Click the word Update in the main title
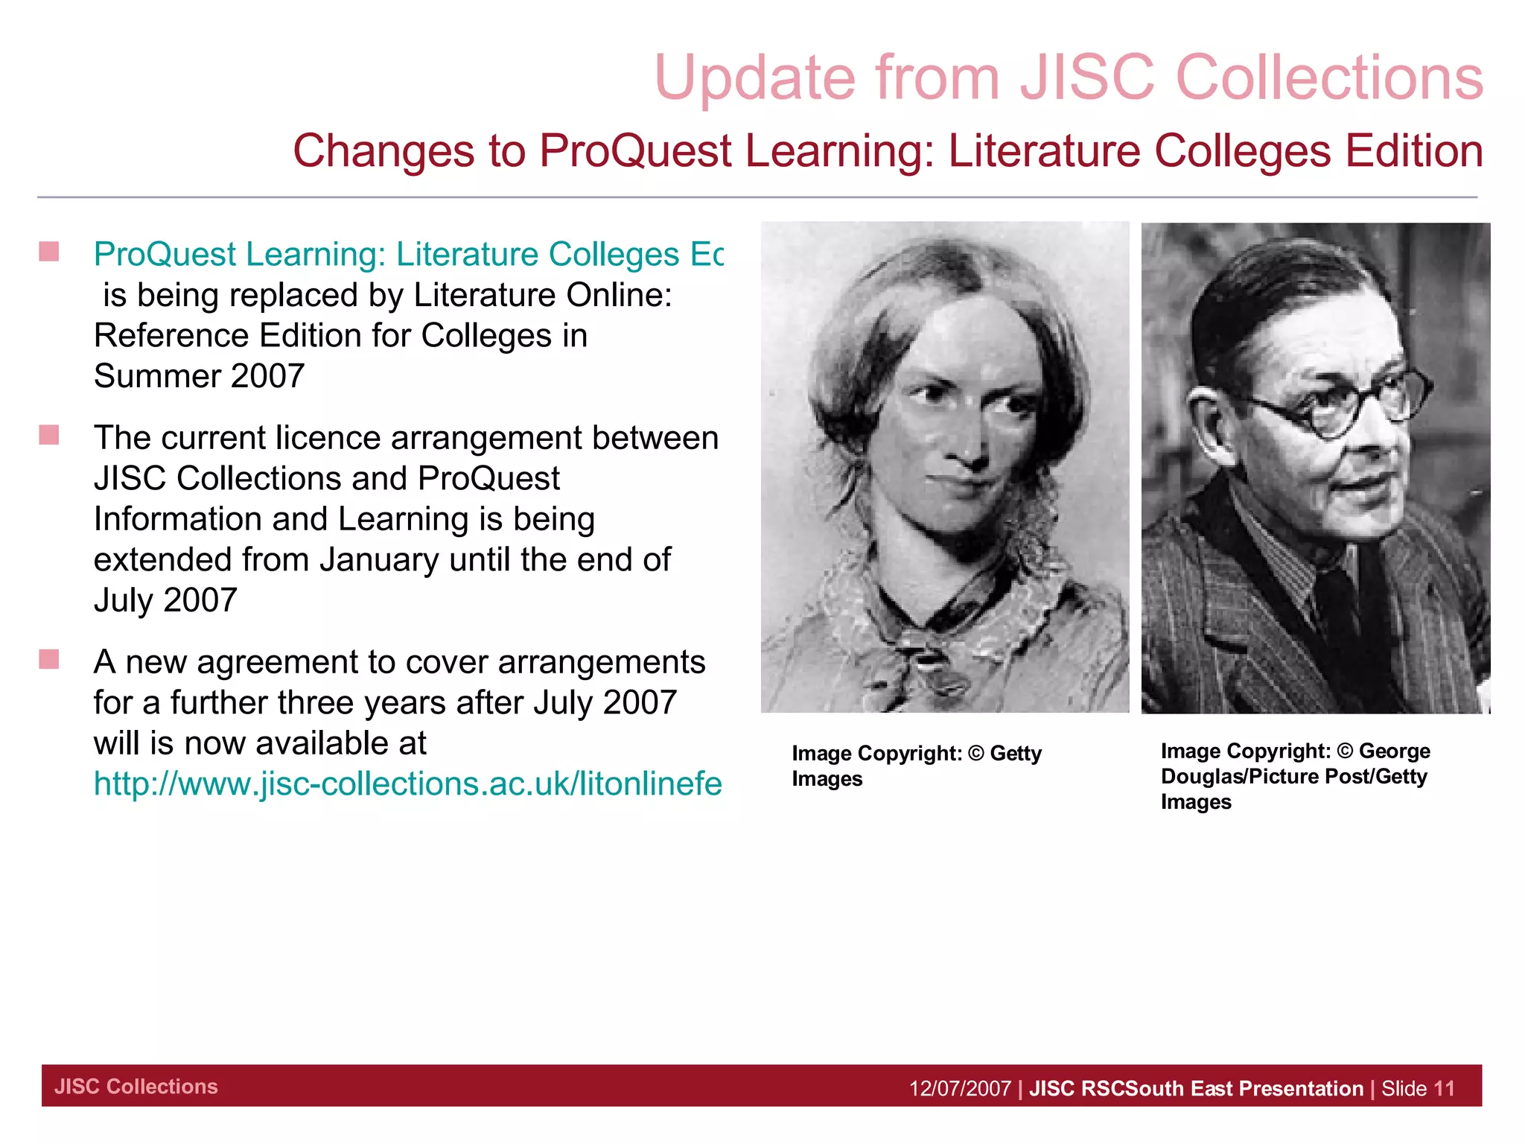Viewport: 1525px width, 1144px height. tap(754, 78)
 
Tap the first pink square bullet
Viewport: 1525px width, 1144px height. tap(49, 252)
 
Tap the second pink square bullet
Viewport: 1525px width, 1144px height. tap(49, 435)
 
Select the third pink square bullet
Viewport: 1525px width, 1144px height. tap(49, 659)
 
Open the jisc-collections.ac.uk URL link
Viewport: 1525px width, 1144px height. tap(407, 784)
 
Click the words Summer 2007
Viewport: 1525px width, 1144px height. tap(199, 376)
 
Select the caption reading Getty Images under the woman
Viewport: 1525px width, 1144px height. tap(916, 766)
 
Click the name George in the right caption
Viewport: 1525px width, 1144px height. tap(1394, 751)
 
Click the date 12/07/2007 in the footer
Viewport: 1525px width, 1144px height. tap(960, 1088)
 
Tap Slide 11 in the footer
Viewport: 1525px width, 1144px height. tap(1417, 1088)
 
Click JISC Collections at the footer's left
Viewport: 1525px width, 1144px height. tap(136, 1087)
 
